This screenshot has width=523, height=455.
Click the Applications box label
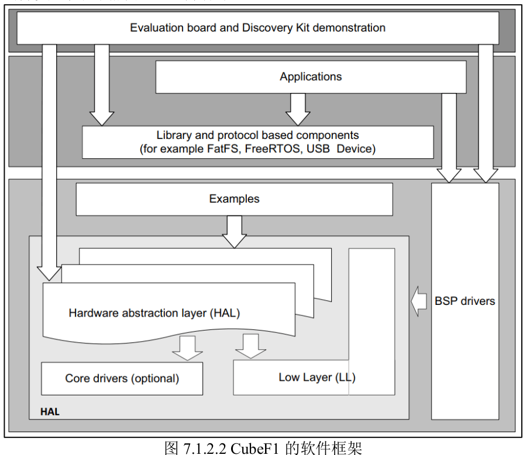(311, 77)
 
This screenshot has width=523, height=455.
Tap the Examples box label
(234, 199)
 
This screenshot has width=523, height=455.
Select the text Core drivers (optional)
(122, 378)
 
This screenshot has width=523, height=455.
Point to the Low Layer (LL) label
(317, 377)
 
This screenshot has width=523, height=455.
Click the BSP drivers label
(464, 301)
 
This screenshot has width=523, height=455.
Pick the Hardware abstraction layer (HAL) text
(154, 313)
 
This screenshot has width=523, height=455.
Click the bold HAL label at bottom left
(50, 412)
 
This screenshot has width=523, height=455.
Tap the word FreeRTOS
(273, 148)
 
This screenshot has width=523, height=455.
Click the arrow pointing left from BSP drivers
(419, 301)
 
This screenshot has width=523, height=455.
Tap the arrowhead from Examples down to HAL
(234, 241)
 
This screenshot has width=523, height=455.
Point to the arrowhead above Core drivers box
(187, 356)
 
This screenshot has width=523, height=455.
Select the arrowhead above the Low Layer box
(251, 354)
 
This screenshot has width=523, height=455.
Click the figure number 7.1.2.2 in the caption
(205, 448)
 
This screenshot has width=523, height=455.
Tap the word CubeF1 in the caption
(254, 448)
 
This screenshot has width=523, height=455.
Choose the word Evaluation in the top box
(156, 27)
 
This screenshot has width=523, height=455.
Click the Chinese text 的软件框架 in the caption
(324, 448)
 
